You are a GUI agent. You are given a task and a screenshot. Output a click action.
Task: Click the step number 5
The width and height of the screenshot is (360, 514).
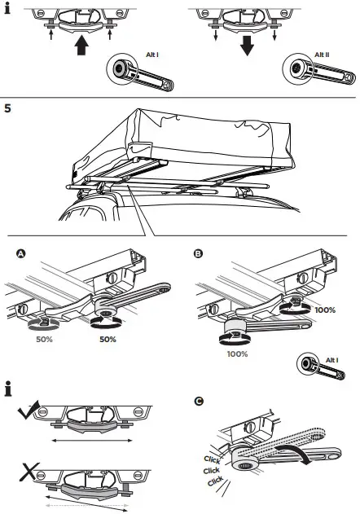tap(8, 108)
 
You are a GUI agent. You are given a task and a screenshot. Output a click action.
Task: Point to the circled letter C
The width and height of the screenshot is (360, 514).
tap(198, 401)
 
